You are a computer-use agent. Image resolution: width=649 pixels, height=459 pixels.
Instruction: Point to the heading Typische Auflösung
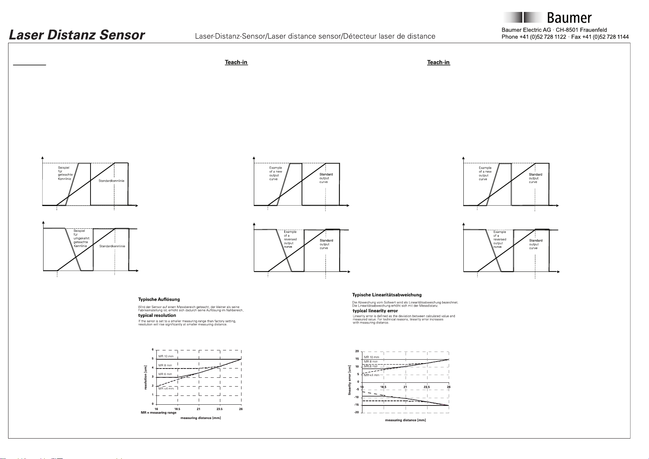[159, 299]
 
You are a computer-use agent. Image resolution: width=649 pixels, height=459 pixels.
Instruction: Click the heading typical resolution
[157, 315]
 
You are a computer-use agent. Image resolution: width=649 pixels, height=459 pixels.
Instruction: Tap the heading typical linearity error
[375, 311]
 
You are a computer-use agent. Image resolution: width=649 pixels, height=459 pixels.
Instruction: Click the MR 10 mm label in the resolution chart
[166, 356]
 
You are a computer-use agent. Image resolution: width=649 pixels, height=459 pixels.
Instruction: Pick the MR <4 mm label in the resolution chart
[166, 389]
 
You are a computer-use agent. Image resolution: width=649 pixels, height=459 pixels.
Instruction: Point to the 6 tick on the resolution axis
[153, 350]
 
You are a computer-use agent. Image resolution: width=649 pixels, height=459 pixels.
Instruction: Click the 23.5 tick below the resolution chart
[220, 409]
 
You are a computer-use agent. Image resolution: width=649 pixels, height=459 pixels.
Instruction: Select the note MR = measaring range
[158, 412]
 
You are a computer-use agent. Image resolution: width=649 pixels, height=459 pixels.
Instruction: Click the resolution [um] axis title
[146, 377]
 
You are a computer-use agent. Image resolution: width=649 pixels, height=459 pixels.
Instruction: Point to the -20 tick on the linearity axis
[356, 412]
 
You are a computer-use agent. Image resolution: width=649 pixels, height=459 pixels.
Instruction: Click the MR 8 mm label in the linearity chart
[371, 362]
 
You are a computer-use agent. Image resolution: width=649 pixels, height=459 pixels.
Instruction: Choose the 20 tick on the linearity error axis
[357, 351]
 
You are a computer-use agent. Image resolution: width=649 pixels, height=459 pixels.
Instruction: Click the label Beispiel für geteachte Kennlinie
[65, 173]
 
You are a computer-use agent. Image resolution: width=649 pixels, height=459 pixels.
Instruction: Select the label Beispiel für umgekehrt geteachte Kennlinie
[80, 238]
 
